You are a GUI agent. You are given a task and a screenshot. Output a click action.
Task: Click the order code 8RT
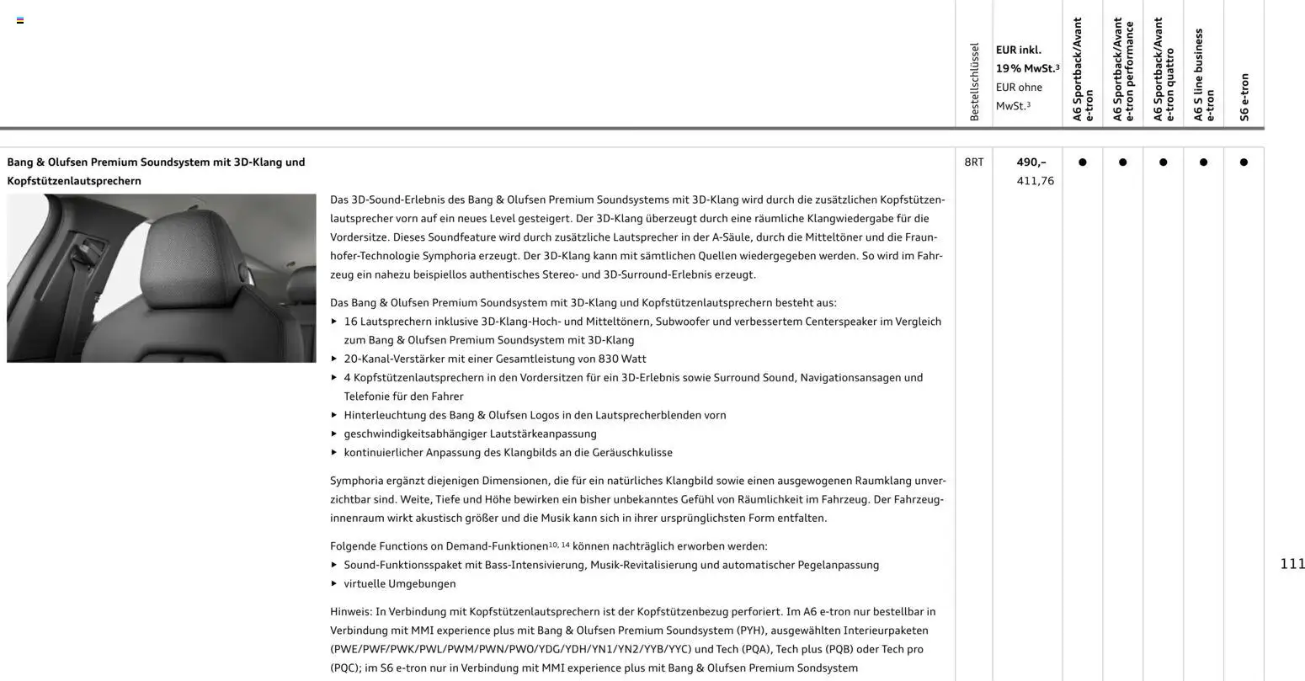pyautogui.click(x=973, y=162)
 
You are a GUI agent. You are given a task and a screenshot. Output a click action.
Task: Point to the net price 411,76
pyautogui.click(x=1035, y=181)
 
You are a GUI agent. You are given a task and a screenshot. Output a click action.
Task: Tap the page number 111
pyautogui.click(x=1292, y=564)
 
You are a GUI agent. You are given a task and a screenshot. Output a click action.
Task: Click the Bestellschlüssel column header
pyautogui.click(x=974, y=82)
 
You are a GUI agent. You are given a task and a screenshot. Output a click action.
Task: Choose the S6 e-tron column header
pyautogui.click(x=1244, y=97)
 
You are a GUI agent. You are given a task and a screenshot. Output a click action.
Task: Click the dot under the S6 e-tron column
pyautogui.click(x=1244, y=162)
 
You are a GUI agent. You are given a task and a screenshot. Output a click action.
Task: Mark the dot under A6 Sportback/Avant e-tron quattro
pyautogui.click(x=1163, y=162)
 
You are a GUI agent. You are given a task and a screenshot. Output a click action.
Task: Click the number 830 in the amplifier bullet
pyautogui.click(x=609, y=359)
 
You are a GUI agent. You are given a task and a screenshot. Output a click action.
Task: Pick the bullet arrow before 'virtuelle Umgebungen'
pyautogui.click(x=334, y=583)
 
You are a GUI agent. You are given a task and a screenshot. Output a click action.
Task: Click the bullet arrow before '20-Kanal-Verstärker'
pyautogui.click(x=334, y=359)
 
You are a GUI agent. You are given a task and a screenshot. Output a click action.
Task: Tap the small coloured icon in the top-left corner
pyautogui.click(x=20, y=20)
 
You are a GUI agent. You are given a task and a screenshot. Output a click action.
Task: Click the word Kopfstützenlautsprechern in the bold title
pyautogui.click(x=74, y=181)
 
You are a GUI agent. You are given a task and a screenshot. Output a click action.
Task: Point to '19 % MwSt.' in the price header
pyautogui.click(x=1026, y=68)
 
